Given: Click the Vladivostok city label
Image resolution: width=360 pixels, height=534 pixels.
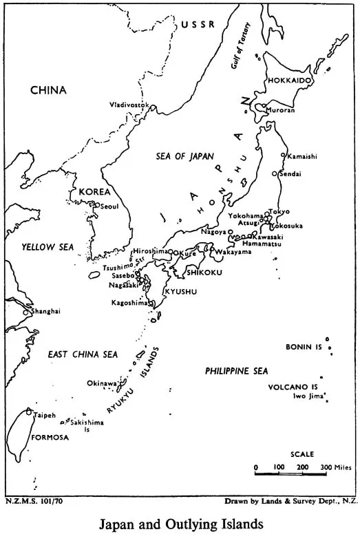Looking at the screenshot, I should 129,105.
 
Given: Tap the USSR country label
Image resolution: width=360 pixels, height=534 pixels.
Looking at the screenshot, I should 198,25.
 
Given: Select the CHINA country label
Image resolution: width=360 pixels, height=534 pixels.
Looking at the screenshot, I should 47,89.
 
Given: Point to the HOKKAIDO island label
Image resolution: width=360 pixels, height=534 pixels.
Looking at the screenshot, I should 290,81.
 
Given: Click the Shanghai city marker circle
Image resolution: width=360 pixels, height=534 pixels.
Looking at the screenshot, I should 26,312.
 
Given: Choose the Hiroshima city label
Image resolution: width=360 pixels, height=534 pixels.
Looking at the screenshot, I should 150,251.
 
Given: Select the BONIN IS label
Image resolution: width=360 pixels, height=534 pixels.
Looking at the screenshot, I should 304,348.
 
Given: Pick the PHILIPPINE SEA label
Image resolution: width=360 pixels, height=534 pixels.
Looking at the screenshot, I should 236,371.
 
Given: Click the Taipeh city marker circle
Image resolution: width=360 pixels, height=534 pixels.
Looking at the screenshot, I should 28,412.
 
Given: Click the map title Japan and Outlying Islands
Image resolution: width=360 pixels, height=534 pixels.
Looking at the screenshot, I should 180,524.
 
